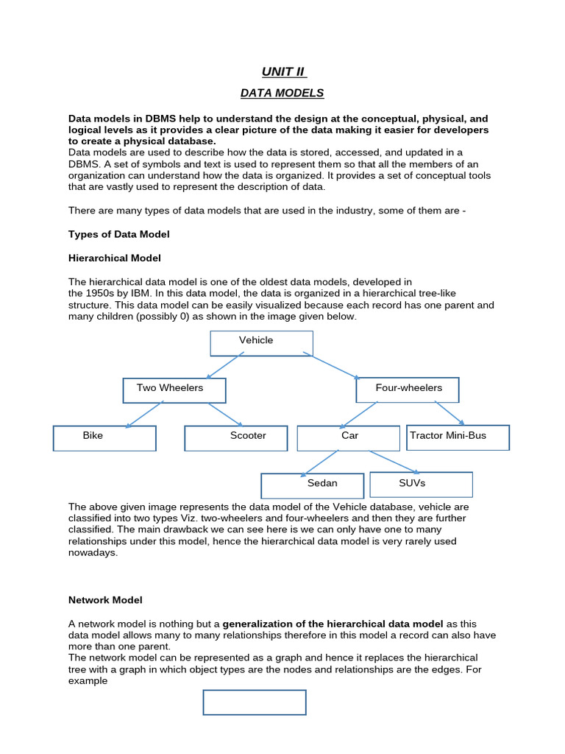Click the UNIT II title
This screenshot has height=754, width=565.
coord(282,71)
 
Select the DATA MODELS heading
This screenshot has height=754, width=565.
coord(282,93)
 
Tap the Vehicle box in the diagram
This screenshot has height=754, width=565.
coord(261,343)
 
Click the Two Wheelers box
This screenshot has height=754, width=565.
coord(174,390)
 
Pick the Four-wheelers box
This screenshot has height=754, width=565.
coord(407,390)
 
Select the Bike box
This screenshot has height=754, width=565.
coord(104,438)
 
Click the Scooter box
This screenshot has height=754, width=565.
coord(235,438)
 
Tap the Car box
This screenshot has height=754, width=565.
coord(348,438)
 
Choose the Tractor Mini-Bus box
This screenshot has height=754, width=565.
coord(458,437)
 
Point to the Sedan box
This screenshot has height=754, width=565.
coord(312,486)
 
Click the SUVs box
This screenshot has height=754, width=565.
coord(421,485)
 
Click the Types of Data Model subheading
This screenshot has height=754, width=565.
coord(118,234)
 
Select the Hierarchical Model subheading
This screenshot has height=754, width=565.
coord(114,258)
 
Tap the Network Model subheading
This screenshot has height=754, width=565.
coord(105,600)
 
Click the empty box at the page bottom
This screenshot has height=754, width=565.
coord(255,702)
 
